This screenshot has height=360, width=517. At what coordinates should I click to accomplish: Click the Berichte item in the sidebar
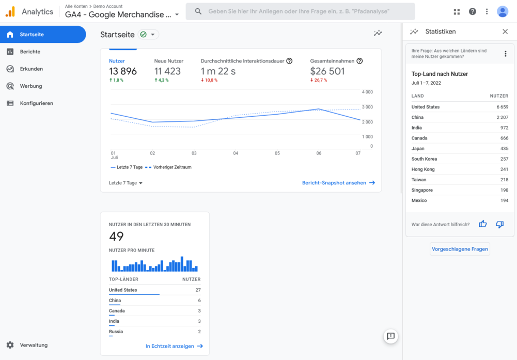click(x=30, y=52)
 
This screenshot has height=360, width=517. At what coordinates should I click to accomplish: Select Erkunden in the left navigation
click(x=31, y=69)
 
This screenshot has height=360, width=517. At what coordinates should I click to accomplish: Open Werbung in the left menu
click(x=31, y=86)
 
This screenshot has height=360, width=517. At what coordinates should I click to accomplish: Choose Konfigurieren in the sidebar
click(x=36, y=103)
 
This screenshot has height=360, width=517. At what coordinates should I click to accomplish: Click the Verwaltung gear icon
click(x=10, y=345)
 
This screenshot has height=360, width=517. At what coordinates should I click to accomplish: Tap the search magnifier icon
click(x=198, y=11)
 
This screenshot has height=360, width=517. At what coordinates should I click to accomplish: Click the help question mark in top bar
click(x=472, y=11)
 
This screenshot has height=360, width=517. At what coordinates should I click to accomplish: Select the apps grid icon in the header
click(x=457, y=11)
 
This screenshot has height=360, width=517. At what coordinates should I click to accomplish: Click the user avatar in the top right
click(x=502, y=11)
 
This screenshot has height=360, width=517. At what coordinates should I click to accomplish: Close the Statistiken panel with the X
click(x=505, y=32)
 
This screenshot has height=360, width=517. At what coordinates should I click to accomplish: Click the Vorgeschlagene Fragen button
click(x=460, y=249)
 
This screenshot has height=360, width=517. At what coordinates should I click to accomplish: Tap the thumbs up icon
click(x=483, y=224)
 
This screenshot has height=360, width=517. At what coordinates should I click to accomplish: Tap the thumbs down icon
click(x=499, y=224)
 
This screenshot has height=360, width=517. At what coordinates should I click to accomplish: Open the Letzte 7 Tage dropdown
click(x=126, y=183)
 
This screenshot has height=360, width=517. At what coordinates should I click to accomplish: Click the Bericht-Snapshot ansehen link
click(x=338, y=183)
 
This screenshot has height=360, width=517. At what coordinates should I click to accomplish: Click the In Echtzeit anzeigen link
click(x=174, y=346)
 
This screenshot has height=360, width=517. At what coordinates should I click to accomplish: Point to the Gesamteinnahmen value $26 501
click(x=327, y=71)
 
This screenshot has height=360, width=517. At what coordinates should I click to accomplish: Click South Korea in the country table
click(x=424, y=159)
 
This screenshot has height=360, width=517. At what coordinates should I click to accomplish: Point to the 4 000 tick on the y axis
click(x=367, y=92)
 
